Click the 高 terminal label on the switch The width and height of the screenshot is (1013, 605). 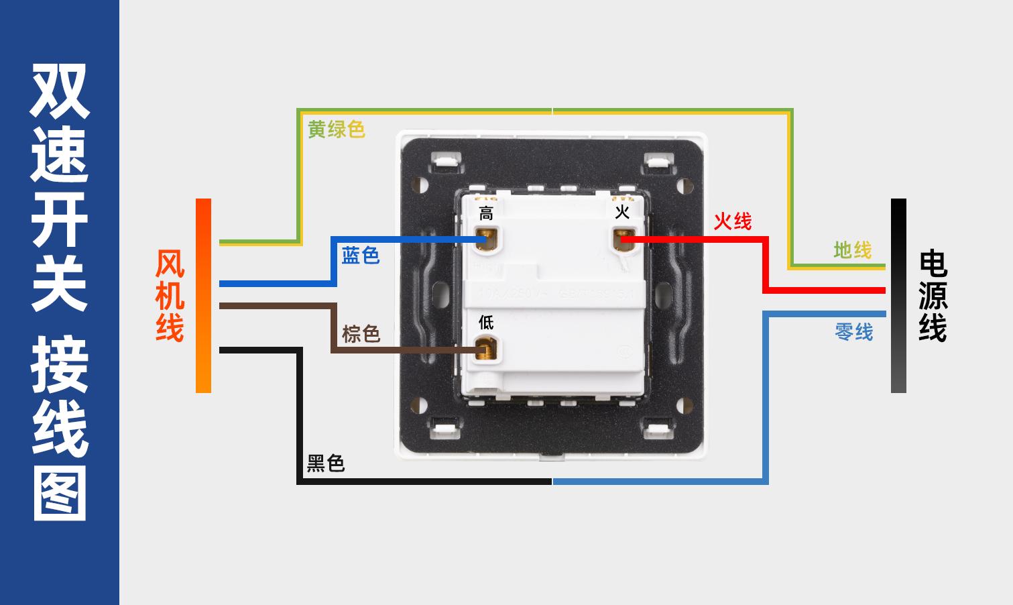486,214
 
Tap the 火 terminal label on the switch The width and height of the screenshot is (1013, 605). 622,213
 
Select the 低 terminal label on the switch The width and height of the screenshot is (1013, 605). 486,323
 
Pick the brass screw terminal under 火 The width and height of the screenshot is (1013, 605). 623,239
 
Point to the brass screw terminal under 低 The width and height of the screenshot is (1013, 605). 485,349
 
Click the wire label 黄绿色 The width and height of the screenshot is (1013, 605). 336,129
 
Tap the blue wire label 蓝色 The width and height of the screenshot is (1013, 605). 361,255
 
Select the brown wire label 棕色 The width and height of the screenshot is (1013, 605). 361,333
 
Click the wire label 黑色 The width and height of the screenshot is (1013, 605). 326,463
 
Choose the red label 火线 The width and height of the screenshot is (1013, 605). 732,221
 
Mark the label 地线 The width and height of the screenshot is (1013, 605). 852,250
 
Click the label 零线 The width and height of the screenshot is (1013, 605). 854,331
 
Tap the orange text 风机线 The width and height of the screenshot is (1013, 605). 170,296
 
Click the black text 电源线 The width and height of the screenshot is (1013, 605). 933,296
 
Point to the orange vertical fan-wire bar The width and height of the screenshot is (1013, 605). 203,296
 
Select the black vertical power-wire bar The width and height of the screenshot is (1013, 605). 898,296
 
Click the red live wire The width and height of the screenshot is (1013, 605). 764,265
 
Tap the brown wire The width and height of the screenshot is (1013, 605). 333,329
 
